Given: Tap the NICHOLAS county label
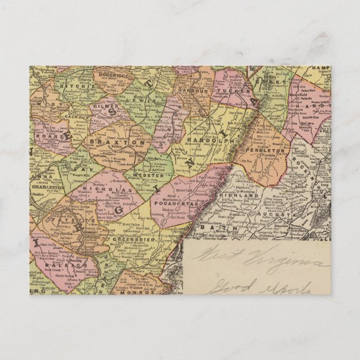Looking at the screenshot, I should pos(100,190).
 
